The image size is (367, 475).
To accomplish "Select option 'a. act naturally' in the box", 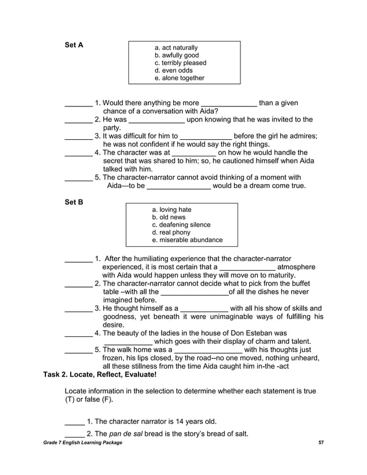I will (x=177, y=48).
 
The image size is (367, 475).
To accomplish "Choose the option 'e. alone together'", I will (x=179, y=78).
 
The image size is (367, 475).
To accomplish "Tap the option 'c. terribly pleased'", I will (x=181, y=63).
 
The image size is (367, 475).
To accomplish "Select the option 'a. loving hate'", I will (x=171, y=210).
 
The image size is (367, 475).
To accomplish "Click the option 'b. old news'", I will (x=169, y=217).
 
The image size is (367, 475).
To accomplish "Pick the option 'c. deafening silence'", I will (x=181, y=225).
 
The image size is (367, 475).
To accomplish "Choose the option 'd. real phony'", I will (x=171, y=232).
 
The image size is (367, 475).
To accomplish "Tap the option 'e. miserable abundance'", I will (x=187, y=240).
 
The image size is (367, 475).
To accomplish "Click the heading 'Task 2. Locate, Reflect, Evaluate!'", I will (x=100, y=374).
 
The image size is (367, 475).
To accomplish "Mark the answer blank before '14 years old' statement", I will (x=74, y=422).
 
